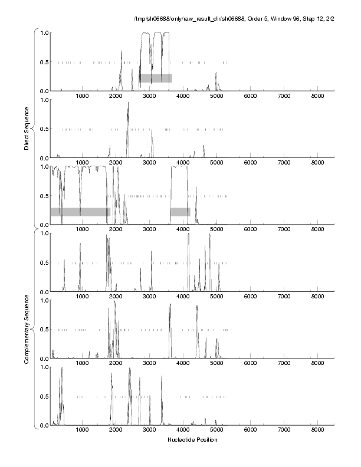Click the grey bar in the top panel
[x=156, y=78]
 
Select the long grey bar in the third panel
[x=80, y=212]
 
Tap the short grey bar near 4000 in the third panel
[x=180, y=212]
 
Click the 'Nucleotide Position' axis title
[x=192, y=440]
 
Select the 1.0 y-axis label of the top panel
[x=44, y=32]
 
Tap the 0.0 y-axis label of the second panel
[x=44, y=158]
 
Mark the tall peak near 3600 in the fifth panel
[x=170, y=305]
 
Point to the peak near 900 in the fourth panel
[x=80, y=244]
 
